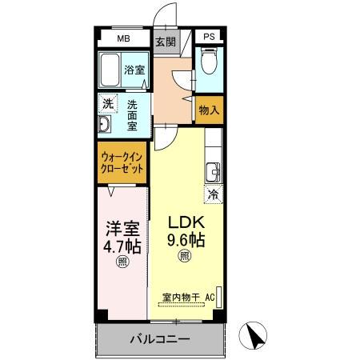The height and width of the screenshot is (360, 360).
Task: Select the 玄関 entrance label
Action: pos(166,42)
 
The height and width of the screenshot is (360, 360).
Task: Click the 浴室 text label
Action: pos(134,70)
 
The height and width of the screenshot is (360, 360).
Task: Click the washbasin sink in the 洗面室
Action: pos(105,126)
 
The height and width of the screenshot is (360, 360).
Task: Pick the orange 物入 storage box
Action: pos(207,110)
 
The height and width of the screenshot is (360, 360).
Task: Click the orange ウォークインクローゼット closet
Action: pos(123,164)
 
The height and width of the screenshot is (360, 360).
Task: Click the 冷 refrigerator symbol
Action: pos(214,193)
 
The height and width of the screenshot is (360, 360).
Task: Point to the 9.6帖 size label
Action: pos(186,239)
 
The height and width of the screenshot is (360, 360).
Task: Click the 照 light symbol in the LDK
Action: pos(185,257)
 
